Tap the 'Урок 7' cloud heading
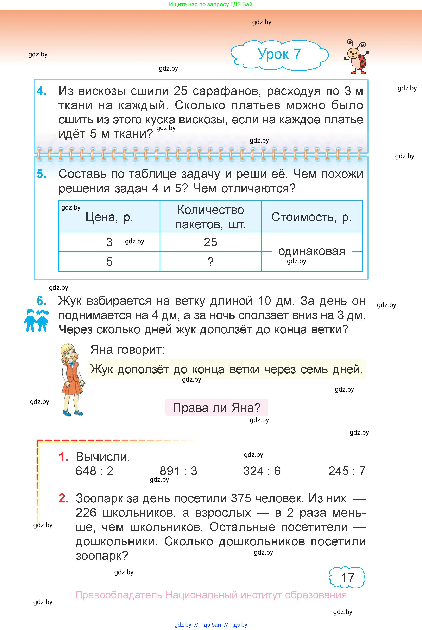[279, 54]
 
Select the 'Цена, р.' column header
[109, 217]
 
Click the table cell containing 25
[210, 242]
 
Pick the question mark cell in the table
[210, 262]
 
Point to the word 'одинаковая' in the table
[311, 251]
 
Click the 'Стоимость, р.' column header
[311, 217]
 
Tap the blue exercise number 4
[42, 91]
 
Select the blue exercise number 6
[42, 301]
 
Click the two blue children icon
[37, 320]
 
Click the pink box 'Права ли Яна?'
[217, 408]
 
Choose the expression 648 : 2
[94, 471]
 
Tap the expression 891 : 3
[178, 471]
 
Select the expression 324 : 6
[262, 471]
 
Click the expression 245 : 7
[347, 471]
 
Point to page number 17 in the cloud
[347, 578]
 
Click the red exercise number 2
[63, 498]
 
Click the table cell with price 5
[109, 262]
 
